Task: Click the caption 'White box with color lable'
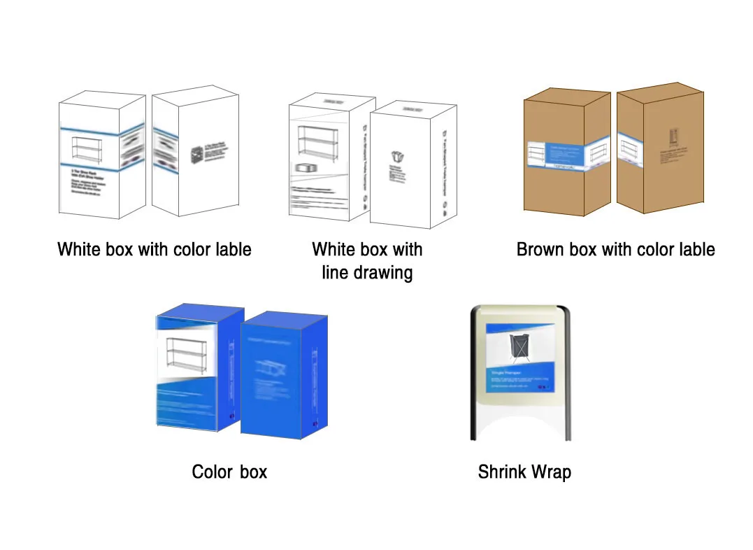(x=154, y=250)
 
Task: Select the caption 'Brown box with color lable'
(x=615, y=250)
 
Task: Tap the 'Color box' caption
(x=229, y=472)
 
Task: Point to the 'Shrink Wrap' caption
(x=524, y=472)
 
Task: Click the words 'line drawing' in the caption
(x=367, y=273)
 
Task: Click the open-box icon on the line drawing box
(x=398, y=157)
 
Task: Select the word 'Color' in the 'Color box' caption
(x=213, y=472)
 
